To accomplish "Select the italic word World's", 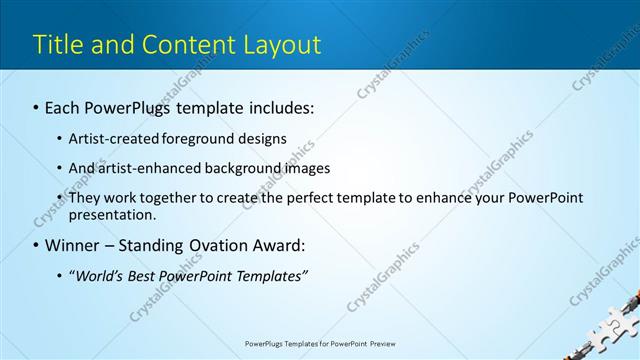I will tap(101, 276).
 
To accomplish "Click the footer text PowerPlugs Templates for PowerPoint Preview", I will tap(320, 343).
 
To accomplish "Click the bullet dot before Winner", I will tap(36, 246).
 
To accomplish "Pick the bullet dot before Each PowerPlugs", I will tap(36, 106).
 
